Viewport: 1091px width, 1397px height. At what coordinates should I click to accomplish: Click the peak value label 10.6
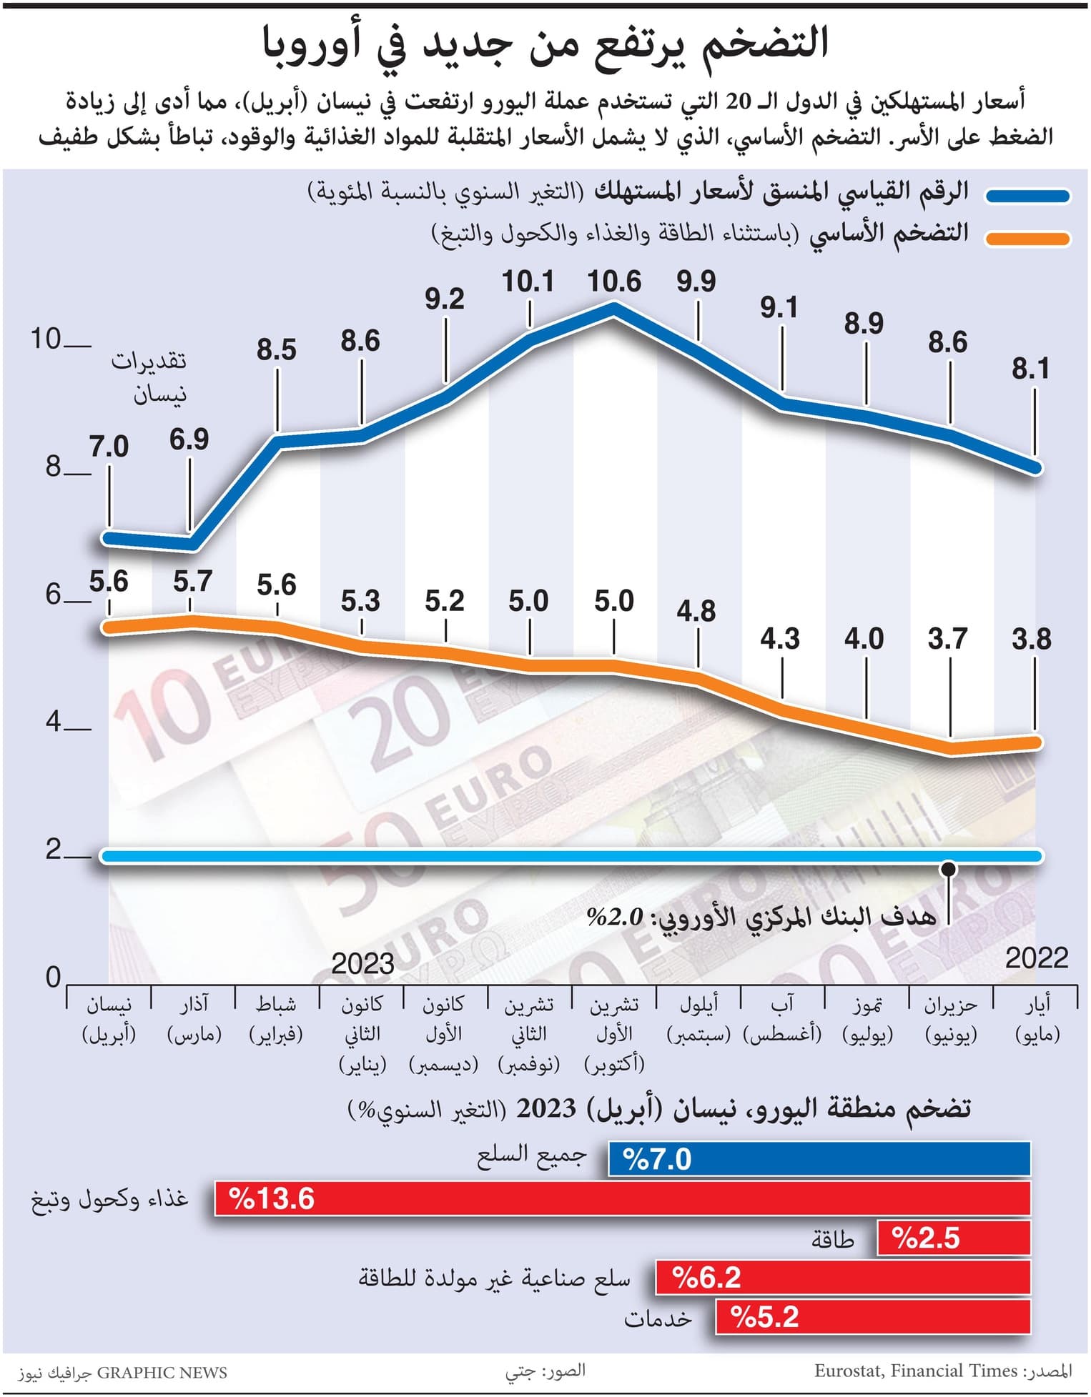point(614,282)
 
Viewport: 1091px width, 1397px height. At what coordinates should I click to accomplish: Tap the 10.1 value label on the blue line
point(528,282)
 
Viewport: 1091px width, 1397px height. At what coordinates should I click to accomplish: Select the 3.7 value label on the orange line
point(948,638)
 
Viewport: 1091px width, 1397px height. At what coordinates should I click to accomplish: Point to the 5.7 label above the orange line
point(192,582)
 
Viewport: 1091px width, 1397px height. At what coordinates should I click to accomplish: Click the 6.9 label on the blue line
point(189,439)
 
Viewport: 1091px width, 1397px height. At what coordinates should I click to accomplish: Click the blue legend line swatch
point(1027,196)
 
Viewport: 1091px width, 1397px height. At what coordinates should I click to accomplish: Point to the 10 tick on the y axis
point(46,339)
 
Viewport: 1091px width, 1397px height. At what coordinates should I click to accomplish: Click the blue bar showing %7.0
point(819,1159)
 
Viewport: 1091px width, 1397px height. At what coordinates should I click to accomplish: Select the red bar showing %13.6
point(622,1198)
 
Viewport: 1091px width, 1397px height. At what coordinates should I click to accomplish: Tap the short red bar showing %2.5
point(953,1238)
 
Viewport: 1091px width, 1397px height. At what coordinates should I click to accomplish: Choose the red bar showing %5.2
point(872,1317)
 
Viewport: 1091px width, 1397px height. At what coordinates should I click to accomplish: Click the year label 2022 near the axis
point(1036,958)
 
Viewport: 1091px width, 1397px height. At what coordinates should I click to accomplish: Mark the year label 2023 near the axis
point(362,964)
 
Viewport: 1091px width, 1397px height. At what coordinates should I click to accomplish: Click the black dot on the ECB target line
point(949,870)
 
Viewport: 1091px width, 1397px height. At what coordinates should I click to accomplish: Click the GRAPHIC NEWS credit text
point(162,1373)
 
